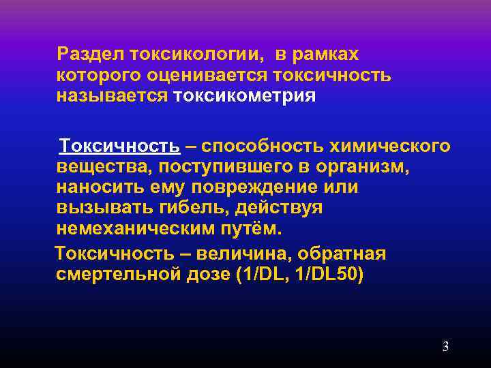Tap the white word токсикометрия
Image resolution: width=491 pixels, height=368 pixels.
click(244, 95)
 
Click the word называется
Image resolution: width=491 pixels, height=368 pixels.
click(112, 95)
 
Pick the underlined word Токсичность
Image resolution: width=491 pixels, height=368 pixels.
click(119, 147)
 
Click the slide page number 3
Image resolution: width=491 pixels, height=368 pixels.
click(445, 346)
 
